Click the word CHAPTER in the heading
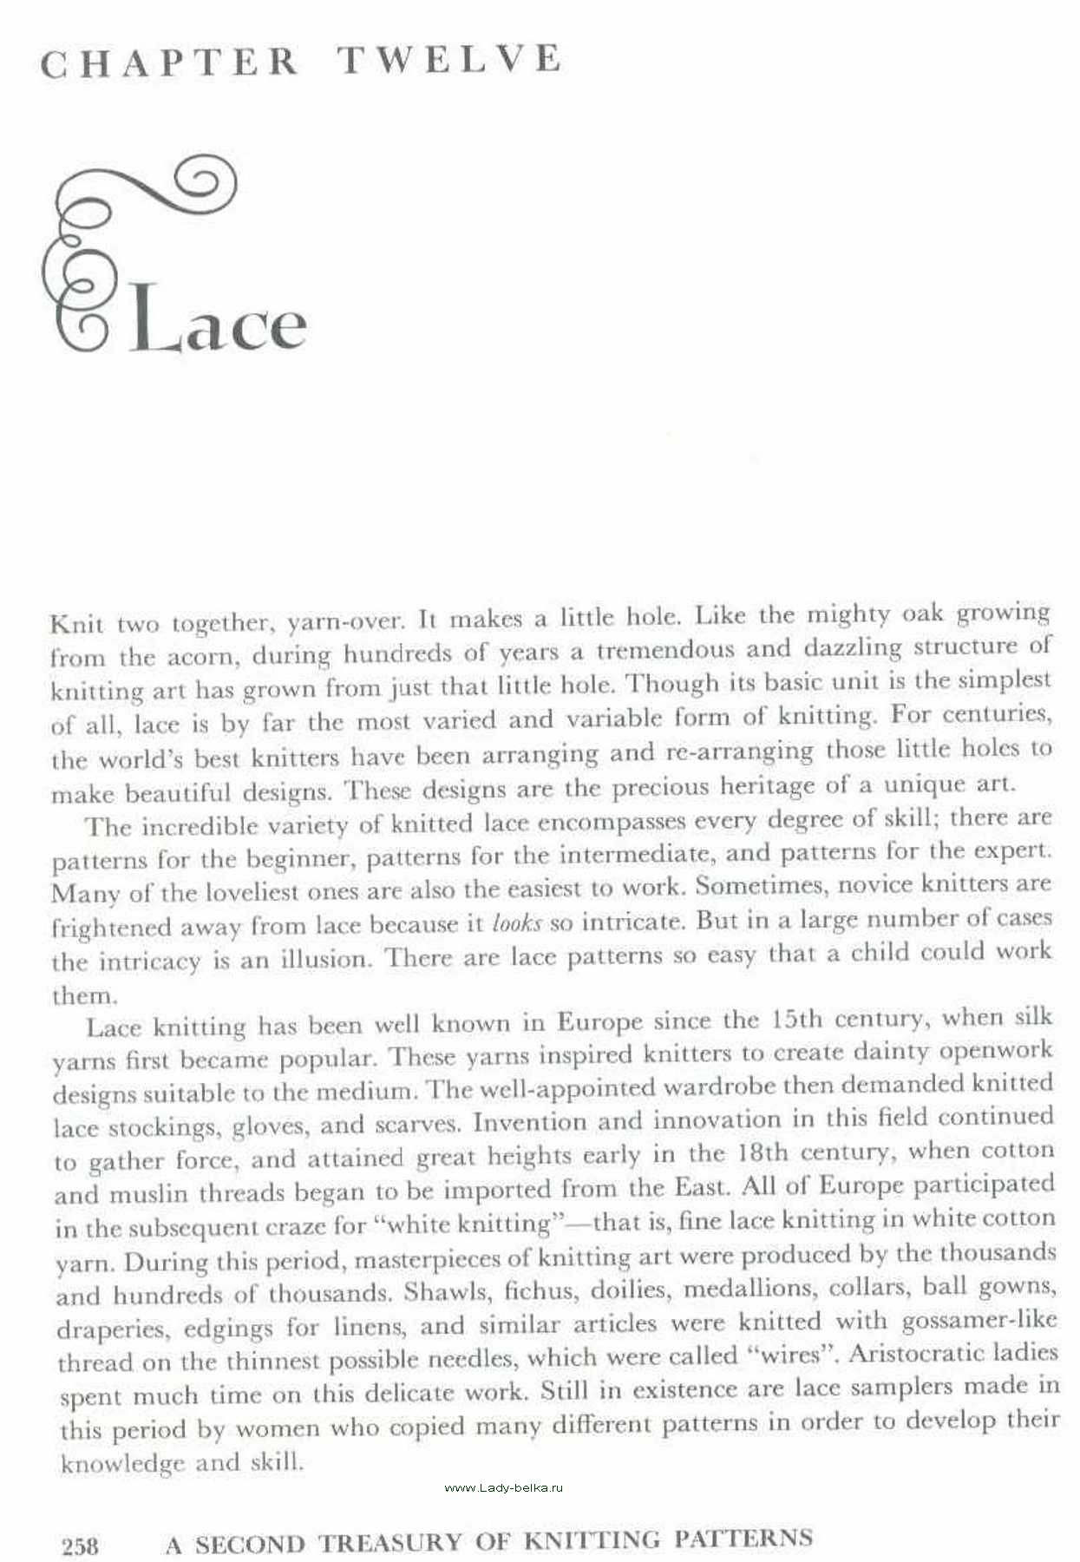[170, 62]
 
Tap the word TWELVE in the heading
[449, 59]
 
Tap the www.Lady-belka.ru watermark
[503, 1487]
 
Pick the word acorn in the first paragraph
[202, 657]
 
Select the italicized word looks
[516, 923]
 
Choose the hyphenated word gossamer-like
[979, 1321]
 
